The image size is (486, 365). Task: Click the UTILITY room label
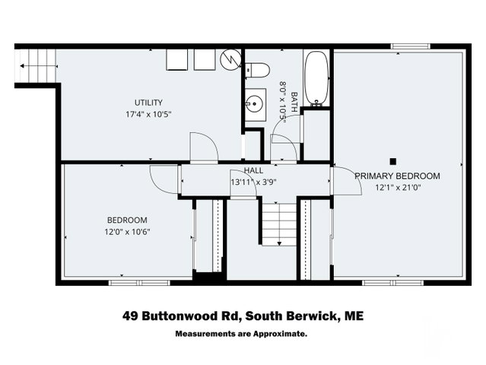coord(148,103)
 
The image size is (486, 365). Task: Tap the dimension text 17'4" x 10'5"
coord(148,114)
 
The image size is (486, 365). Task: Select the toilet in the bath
coord(257,70)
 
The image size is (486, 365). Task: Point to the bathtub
coord(316,78)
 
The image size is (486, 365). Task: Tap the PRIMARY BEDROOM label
coord(397,176)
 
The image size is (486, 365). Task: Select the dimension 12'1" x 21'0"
coord(398,188)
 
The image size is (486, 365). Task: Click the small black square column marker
coord(393,161)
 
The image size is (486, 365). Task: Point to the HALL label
coord(253,170)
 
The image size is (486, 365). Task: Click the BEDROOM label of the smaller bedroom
coord(127,221)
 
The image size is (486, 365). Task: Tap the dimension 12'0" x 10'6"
coord(127,232)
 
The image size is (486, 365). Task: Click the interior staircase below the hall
coord(280,224)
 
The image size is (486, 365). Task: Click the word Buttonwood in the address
coord(190,316)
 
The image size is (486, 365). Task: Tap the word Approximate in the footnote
coord(280,334)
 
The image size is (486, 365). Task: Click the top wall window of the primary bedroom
coord(410,46)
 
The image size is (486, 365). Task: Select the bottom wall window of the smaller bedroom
coord(139,283)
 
